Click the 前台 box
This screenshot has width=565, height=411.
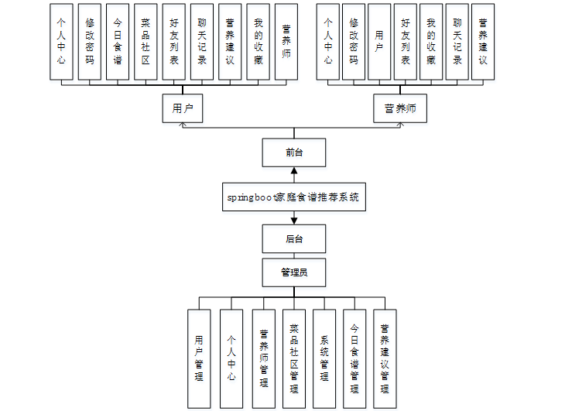pos(294,152)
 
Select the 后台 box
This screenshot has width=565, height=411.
pos(294,238)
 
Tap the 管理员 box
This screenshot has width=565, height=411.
pos(294,272)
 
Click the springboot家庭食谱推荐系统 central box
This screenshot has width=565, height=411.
pos(294,197)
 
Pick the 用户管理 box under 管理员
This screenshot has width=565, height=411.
pos(199,358)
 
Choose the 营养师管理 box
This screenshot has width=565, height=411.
pos(263,358)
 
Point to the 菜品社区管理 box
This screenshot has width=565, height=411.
pos(294,358)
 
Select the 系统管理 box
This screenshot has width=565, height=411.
pos(324,358)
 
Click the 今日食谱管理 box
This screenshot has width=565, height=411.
pos(354,358)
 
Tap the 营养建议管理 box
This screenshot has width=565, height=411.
pos(385,358)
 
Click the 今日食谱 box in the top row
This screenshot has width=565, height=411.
pos(118,42)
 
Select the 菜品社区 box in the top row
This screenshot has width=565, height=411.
pos(146,42)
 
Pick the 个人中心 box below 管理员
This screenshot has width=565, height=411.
pos(231,358)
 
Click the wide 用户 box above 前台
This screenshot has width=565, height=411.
pos(183,108)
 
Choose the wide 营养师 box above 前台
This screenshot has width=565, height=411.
pos(400,108)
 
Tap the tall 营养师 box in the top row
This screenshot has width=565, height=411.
pos(286,42)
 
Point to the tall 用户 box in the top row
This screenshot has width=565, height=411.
pos(379,42)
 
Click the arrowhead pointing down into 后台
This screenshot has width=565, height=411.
pos(294,221)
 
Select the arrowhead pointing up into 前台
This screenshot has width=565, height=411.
pos(294,170)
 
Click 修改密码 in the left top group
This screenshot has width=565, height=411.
pos(90,42)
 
